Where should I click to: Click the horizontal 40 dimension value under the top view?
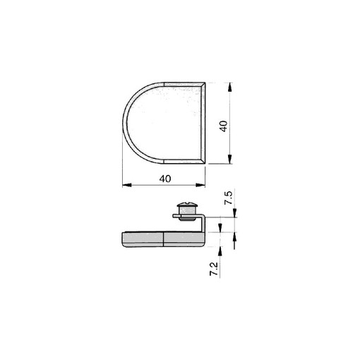click(x=165, y=179)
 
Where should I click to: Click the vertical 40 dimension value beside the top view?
click(x=224, y=126)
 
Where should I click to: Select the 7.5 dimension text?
click(x=228, y=198)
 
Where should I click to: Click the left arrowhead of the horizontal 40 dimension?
click(x=126, y=186)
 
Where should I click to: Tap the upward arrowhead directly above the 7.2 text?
click(x=220, y=248)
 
